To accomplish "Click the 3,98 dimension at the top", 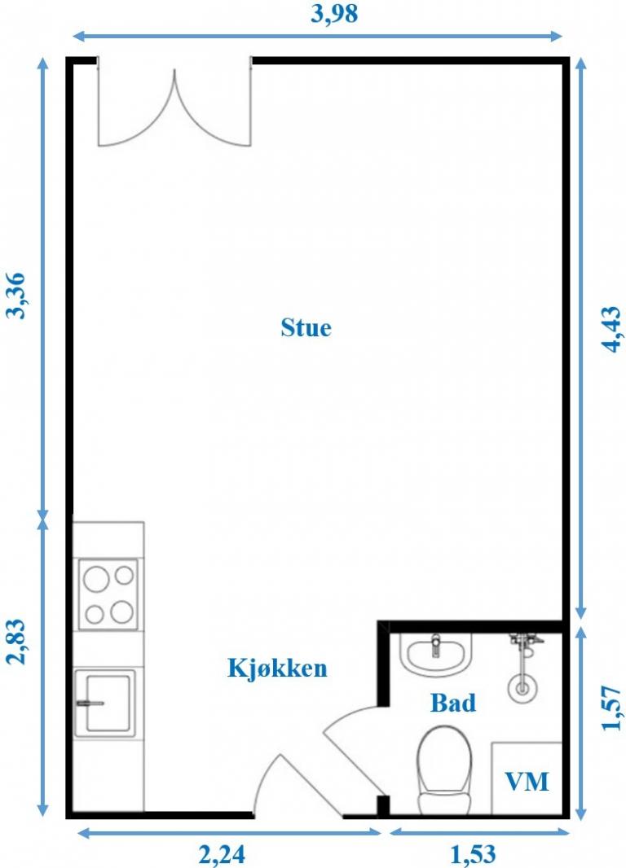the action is pyautogui.click(x=334, y=13).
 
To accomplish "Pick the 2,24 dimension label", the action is pyautogui.click(x=222, y=854).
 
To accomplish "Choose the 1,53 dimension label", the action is pyautogui.click(x=473, y=854).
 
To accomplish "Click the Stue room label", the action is pyautogui.click(x=306, y=327).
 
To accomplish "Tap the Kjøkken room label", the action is pyautogui.click(x=278, y=668).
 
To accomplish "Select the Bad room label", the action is pyautogui.click(x=453, y=703).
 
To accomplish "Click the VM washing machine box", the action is pyautogui.click(x=527, y=778).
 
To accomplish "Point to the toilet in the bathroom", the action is pyautogui.click(x=444, y=770).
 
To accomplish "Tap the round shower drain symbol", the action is pyautogui.click(x=522, y=688).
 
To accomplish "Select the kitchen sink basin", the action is pyautogui.click(x=105, y=703).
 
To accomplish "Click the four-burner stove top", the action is pyautogui.click(x=108, y=594).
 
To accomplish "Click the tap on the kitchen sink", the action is pyautogui.click(x=90, y=704).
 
